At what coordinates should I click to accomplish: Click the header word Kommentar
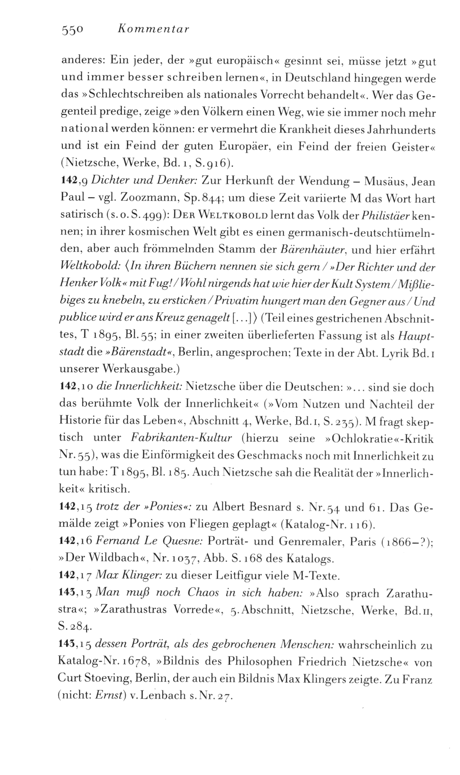153,29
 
